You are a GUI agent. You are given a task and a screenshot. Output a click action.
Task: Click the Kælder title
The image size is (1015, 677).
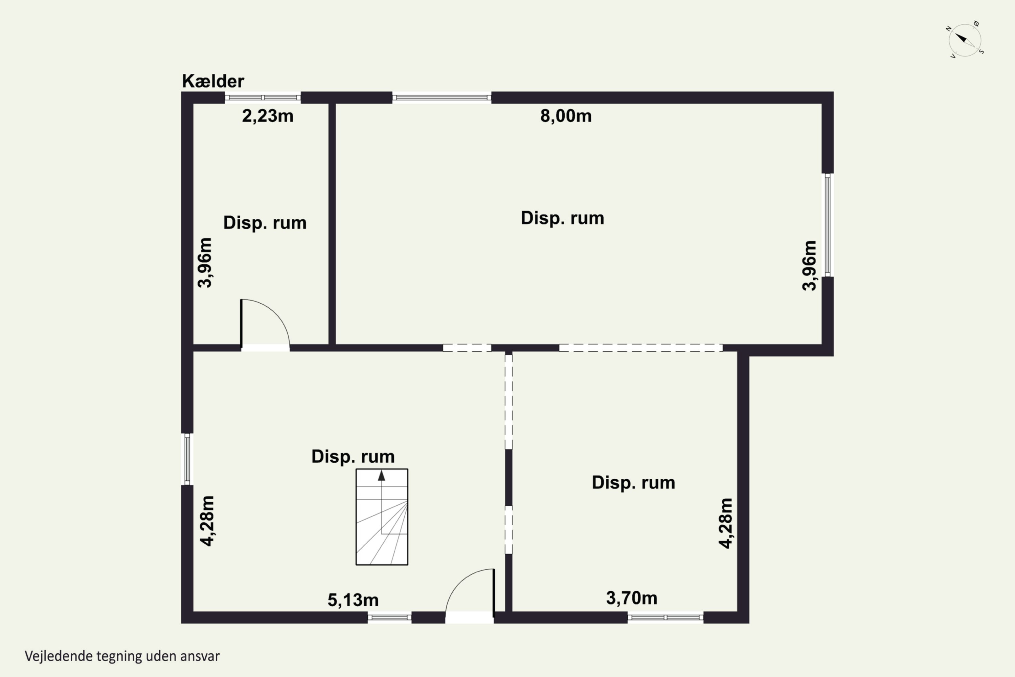point(213,81)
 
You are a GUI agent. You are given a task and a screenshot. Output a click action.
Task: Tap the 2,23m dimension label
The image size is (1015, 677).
point(268,116)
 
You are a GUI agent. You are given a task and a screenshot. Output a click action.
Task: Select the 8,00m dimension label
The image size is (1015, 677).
point(566,116)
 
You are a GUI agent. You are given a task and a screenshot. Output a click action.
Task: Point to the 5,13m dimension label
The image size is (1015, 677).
point(353,600)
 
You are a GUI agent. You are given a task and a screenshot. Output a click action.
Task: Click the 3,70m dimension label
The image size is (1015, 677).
point(632,598)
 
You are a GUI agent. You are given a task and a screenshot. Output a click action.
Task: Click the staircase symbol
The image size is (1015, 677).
point(382,517)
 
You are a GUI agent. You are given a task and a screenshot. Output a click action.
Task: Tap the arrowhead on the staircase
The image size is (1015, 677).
point(382,475)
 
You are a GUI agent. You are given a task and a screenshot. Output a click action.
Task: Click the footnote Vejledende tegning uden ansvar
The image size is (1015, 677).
point(122,656)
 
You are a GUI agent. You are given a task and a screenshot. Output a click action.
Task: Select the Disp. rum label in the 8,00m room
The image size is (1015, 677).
point(562,218)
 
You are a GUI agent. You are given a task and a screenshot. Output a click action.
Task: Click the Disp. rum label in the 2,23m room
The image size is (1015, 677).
point(265,223)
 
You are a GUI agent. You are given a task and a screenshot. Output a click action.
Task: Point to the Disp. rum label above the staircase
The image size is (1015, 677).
point(353,457)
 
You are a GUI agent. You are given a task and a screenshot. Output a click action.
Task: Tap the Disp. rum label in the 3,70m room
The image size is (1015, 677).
point(633,483)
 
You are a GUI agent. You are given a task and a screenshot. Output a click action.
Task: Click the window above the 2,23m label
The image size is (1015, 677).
point(263,97)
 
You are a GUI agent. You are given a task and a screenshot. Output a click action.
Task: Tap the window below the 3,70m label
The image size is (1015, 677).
point(666,618)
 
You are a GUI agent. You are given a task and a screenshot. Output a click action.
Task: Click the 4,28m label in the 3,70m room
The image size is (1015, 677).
point(726,523)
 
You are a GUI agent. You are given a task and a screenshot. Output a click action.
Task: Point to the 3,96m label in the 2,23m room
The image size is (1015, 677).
point(205,263)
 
